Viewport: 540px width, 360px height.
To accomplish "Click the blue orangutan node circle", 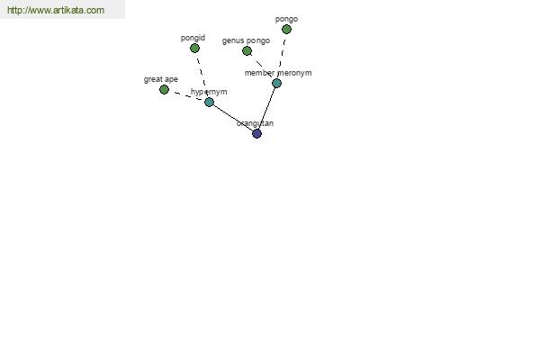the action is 256,134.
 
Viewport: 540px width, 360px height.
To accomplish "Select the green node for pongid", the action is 194,49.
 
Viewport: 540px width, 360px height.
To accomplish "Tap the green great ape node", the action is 165,90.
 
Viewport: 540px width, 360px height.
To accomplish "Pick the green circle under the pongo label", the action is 286,30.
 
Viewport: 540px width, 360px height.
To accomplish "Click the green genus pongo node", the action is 247,51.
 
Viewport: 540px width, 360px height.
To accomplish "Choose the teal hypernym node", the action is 209,102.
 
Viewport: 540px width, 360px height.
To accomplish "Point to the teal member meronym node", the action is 276,83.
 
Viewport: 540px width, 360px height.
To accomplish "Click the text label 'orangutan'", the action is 256,123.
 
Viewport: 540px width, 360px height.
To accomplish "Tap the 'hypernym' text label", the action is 209,92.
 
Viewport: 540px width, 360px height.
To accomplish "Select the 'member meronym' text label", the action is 278,73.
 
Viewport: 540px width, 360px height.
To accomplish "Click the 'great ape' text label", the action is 161,79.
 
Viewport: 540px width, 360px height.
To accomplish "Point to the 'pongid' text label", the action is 193,38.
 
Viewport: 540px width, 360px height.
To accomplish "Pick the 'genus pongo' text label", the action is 246,40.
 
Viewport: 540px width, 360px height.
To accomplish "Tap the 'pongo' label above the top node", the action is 286,19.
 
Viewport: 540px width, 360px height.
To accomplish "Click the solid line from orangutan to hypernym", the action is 233,118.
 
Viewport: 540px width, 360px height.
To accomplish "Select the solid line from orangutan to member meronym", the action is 267,108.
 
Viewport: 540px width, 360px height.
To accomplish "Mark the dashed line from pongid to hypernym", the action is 202,75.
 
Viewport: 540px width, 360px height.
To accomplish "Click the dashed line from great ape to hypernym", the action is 186,95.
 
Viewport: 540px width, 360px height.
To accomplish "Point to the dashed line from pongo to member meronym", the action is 282,56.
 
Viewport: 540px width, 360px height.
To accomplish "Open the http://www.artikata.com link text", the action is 56,10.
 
